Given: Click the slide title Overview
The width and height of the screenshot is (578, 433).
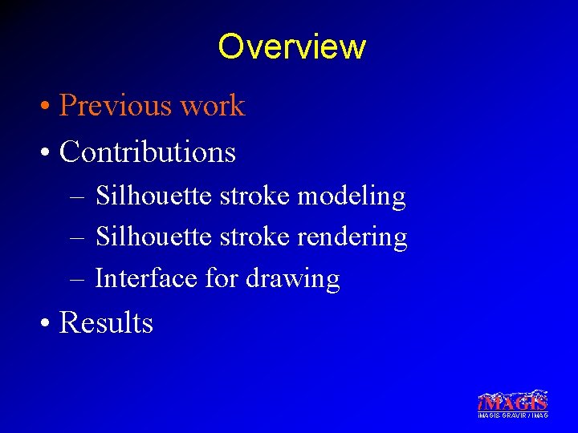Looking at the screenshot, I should pos(291,47).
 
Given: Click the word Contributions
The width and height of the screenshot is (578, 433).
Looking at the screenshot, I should pos(148,152).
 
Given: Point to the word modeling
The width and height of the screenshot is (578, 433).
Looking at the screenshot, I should pos(352,196).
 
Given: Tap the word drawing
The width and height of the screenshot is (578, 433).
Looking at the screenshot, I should pos(293,280).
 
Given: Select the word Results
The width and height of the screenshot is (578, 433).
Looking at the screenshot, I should pos(106,322).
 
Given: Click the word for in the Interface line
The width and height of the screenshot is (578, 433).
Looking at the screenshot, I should pos(222,278).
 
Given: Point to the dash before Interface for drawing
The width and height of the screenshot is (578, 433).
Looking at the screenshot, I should pos(77,280).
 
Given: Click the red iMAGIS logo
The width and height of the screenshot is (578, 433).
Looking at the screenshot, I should pos(512,400).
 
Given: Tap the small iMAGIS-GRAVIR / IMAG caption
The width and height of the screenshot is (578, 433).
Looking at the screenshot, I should pos(512,415).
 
